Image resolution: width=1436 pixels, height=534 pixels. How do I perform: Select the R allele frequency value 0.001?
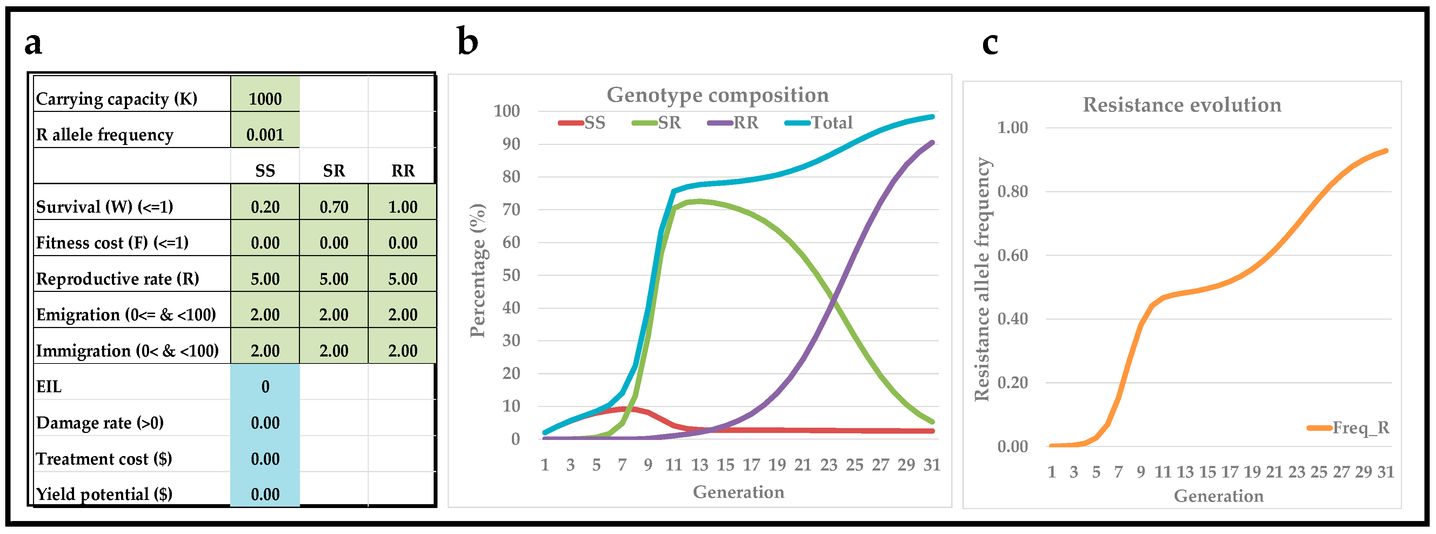265,134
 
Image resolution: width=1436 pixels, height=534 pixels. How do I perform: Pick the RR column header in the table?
402,171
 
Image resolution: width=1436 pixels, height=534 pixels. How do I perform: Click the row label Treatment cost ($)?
104,459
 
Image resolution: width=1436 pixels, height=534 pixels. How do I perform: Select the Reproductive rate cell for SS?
265,279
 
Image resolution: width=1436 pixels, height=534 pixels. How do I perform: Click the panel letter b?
467,41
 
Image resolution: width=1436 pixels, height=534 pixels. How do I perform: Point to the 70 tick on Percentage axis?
510,209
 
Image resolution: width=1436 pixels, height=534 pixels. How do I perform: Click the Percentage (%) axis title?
478,271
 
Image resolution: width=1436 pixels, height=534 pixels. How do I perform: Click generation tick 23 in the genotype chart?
828,464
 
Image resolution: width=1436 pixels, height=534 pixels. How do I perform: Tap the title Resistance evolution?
1182,105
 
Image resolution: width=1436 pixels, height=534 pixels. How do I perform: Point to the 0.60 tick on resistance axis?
1012,255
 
